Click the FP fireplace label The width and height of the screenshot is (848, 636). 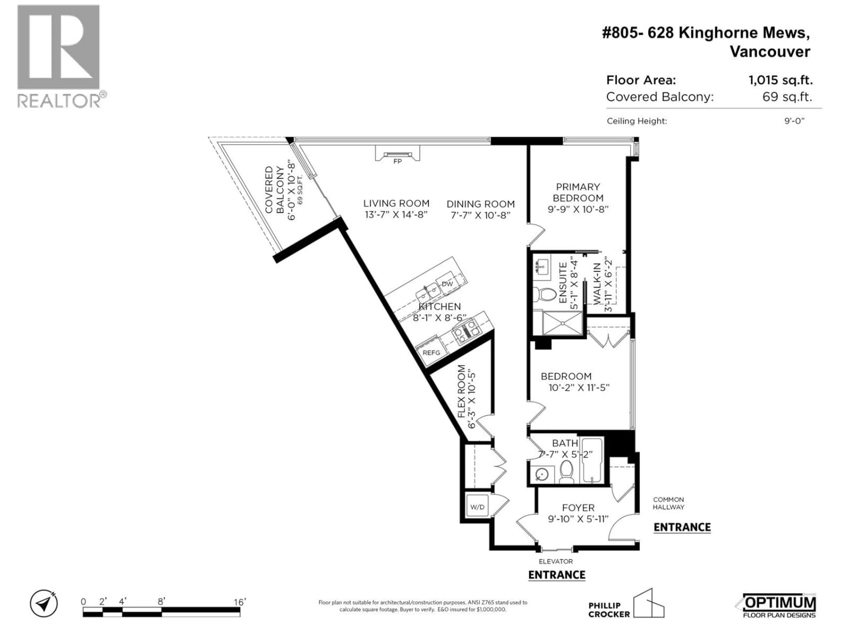(397, 161)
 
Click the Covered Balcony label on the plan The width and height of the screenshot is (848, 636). (274, 189)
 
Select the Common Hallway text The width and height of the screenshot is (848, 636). (669, 503)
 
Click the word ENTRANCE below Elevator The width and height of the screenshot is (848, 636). (557, 575)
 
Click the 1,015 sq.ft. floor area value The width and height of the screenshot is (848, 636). (780, 80)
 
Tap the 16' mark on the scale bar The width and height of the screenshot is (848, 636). (239, 602)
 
